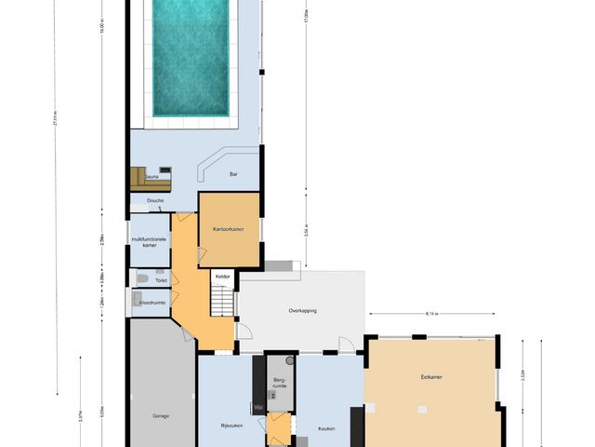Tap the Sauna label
pyautogui.click(x=152, y=175)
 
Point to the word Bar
pyautogui.click(x=233, y=173)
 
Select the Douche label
pyautogui.click(x=155, y=200)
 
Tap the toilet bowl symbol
pyautogui.click(x=140, y=278)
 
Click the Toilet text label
pyautogui.click(x=161, y=279)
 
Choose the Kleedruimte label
pyautogui.click(x=153, y=302)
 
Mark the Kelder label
pyautogui.click(x=223, y=277)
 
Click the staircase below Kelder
pyautogui.click(x=221, y=300)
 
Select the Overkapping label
pyautogui.click(x=303, y=310)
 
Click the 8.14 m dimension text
pyautogui.click(x=431, y=314)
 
